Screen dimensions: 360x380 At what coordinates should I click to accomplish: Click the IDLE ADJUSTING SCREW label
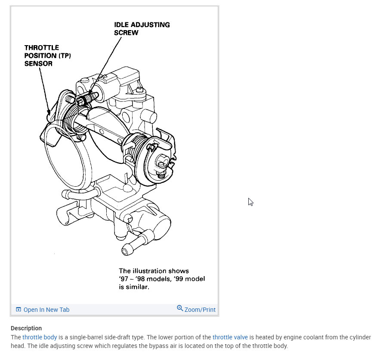pyautogui.click(x=142, y=28)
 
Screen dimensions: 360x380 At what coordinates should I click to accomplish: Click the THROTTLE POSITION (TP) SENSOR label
pyautogui.click(x=47, y=55)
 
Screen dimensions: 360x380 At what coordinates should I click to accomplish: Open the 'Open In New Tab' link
pyautogui.click(x=46, y=310)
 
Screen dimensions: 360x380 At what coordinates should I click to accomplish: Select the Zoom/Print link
pyautogui.click(x=200, y=310)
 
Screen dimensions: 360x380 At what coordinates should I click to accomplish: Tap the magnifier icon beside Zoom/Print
pyautogui.click(x=180, y=308)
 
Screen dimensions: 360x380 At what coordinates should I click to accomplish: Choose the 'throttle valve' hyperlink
pyautogui.click(x=230, y=338)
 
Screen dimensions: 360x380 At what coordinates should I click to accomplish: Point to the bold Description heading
pyautogui.click(x=26, y=328)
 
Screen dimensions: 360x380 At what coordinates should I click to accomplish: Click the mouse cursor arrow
pyautogui.click(x=250, y=202)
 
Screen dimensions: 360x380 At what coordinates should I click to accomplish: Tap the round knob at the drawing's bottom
pyautogui.click(x=128, y=250)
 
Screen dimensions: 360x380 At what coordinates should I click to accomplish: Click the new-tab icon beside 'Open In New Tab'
pyautogui.click(x=19, y=310)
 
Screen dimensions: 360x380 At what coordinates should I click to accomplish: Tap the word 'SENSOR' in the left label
pyautogui.click(x=38, y=64)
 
